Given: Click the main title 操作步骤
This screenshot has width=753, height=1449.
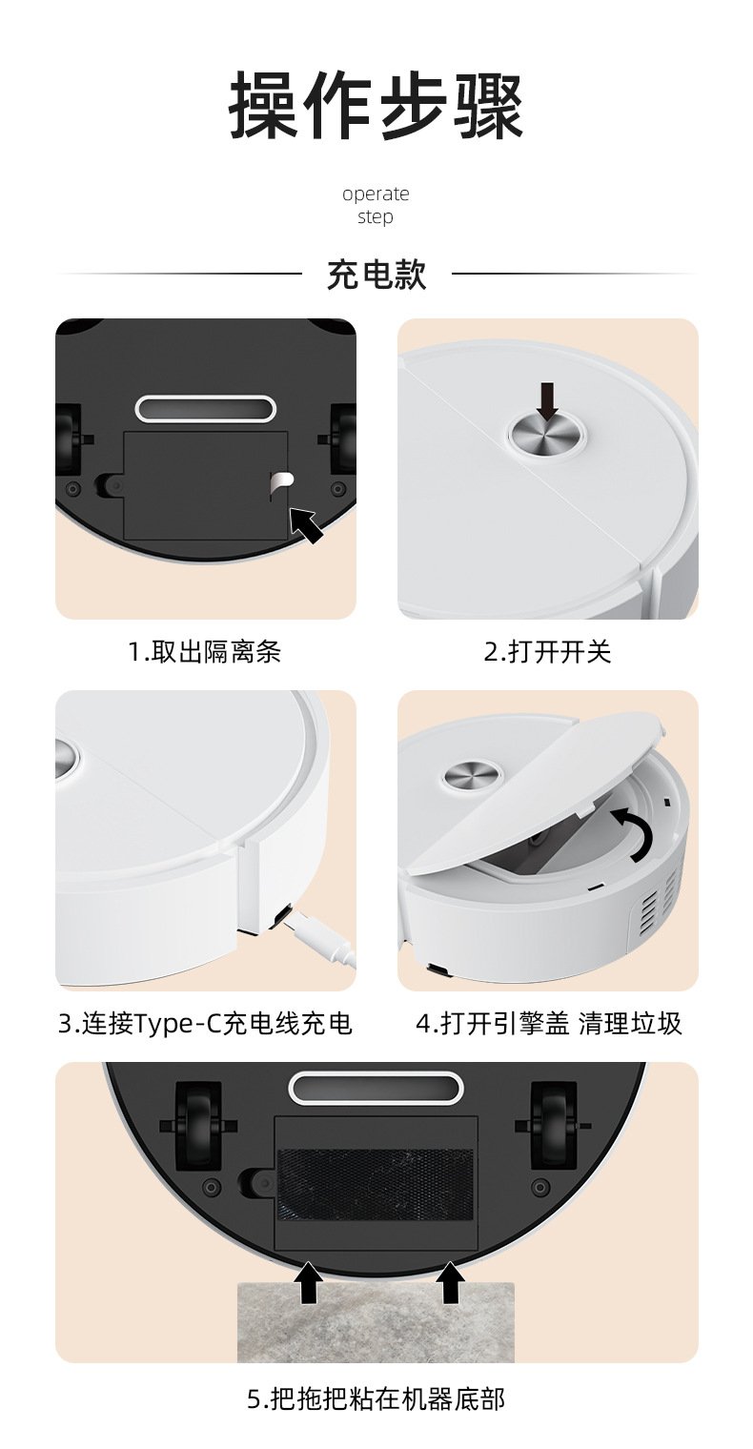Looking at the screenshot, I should [x=376, y=106].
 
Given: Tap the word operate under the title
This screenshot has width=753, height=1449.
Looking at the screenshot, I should [x=376, y=194].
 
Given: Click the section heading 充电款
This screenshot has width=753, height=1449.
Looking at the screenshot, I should [x=376, y=275].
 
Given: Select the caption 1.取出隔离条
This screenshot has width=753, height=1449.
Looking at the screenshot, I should [x=205, y=652].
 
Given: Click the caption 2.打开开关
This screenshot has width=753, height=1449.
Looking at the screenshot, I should [x=547, y=652].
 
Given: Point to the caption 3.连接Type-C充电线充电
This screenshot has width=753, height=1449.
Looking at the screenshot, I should [x=205, y=1024].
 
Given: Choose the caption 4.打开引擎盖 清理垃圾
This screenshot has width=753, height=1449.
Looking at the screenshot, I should [x=549, y=1024].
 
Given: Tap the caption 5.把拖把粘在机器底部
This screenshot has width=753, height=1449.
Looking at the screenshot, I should [x=376, y=1399].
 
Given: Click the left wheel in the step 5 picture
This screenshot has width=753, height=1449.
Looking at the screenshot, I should [x=197, y=1126].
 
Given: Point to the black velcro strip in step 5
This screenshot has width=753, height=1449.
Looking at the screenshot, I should [x=376, y=1184].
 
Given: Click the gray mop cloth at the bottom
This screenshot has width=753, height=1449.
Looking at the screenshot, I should [x=376, y=1322].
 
